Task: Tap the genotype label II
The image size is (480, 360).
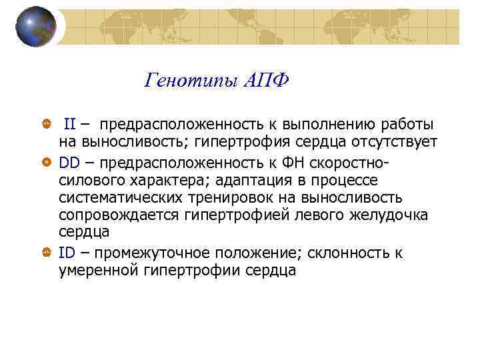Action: point(69,124)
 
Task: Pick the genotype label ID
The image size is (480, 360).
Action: point(66,253)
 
